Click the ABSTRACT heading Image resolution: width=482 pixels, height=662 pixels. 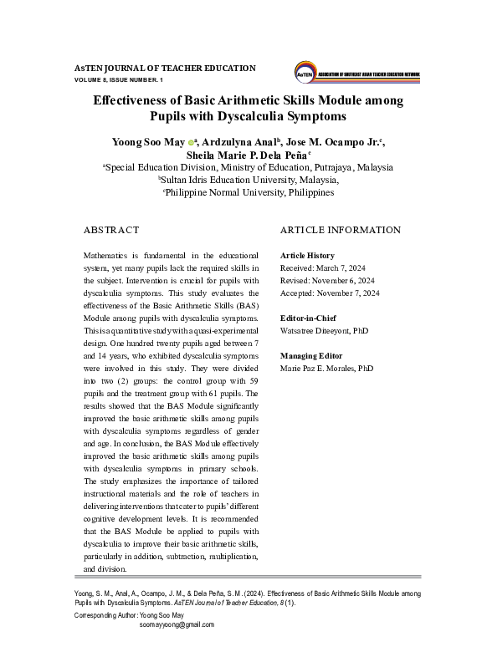tap(111, 229)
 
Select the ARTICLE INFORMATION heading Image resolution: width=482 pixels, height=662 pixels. tap(340, 229)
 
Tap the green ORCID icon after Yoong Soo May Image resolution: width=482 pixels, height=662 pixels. tap(191, 143)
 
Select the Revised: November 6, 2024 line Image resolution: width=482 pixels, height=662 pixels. tap(326, 280)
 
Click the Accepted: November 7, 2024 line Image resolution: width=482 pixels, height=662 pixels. tap(329, 293)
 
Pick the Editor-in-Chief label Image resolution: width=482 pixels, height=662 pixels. tap(307, 318)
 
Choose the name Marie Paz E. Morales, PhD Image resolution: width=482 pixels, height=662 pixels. tap(326, 368)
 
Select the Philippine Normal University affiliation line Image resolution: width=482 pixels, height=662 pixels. tap(248, 191)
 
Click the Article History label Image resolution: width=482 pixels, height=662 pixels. tap(307, 255)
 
